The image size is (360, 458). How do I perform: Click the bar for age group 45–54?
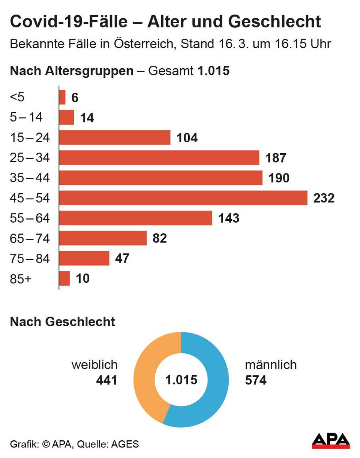183,198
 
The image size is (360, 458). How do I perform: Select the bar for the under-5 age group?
62,97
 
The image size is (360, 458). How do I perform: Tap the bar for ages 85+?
64,279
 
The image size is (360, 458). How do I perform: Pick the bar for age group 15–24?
115,137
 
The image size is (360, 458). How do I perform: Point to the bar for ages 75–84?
84,258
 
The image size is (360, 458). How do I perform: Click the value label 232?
324,198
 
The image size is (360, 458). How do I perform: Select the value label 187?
276,158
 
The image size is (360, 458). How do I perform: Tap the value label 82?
159,238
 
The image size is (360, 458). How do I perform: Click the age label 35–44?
30,178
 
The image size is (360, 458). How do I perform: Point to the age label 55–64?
30,218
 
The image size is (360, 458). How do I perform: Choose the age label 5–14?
26,118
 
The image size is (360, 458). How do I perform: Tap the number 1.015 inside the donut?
181,380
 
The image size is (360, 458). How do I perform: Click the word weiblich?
94,365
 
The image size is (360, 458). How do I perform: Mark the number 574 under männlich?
256,380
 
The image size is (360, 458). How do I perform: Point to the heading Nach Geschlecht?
62,322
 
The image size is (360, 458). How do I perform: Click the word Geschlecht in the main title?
274,22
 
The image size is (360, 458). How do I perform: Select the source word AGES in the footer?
125,444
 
